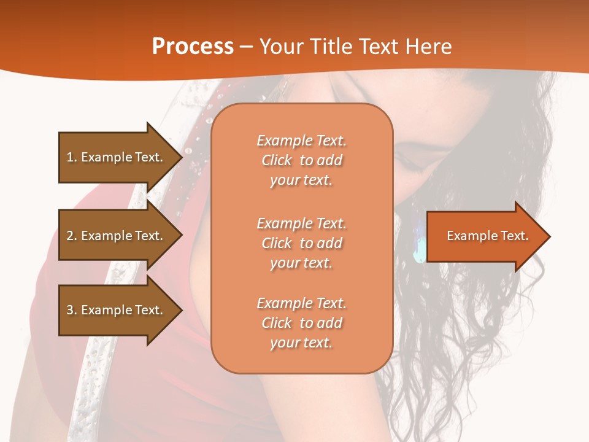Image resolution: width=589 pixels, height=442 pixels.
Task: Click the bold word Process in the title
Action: tap(193, 47)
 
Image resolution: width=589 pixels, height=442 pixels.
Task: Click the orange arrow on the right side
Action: tap(485, 236)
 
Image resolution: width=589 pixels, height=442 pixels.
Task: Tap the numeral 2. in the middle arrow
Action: tap(72, 236)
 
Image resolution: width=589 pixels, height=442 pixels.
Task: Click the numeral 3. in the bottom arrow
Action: tap(72, 310)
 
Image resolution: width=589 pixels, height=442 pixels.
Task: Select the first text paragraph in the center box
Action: tap(301, 160)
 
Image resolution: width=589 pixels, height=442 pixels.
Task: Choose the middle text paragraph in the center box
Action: tap(301, 243)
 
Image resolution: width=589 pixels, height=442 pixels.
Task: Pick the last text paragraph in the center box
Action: tap(301, 323)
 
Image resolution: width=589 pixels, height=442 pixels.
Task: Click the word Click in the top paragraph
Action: tap(277, 160)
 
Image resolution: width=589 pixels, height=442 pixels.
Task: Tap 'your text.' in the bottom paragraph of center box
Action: tap(301, 343)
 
